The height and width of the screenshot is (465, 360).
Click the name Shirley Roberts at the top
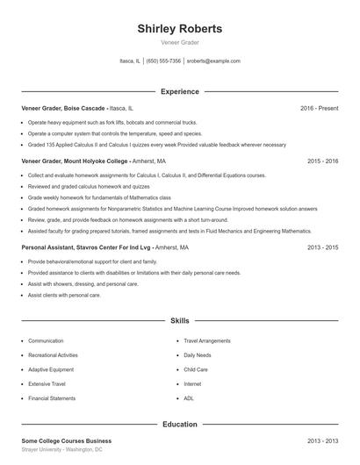click(x=179, y=29)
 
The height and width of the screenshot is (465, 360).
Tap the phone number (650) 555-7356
click(x=163, y=61)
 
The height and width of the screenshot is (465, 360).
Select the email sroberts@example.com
click(x=213, y=61)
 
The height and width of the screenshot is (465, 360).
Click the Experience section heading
click(x=179, y=91)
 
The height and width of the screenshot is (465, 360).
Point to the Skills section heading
click(x=179, y=321)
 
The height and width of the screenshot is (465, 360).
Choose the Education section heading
click(x=179, y=425)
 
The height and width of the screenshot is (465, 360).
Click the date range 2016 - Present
click(x=319, y=108)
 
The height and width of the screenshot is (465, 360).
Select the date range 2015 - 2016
click(x=322, y=161)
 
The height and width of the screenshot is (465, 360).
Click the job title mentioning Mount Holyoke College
click(x=75, y=161)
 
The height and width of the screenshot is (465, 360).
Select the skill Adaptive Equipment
click(x=51, y=369)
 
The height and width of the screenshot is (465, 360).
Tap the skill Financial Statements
click(x=53, y=398)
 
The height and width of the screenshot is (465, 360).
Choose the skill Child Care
click(x=196, y=369)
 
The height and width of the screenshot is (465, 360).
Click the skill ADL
click(x=189, y=398)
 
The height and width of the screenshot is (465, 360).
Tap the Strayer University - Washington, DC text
click(x=61, y=449)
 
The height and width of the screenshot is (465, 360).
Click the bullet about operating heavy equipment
click(x=112, y=123)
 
